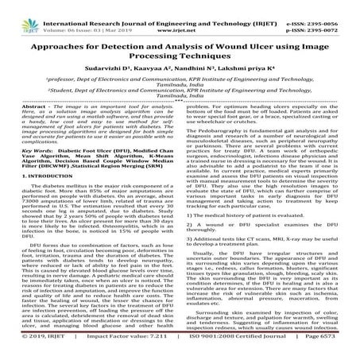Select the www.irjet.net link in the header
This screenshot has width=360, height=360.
point(180,14)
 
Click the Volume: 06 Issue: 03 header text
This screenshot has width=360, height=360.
point(79,14)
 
